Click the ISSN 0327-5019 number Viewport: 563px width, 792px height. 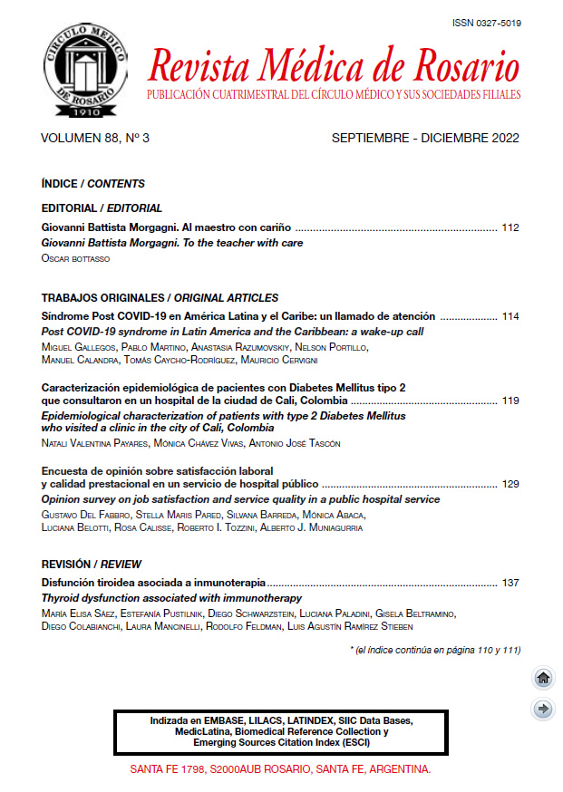(485, 23)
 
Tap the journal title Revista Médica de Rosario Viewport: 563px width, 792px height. (333, 66)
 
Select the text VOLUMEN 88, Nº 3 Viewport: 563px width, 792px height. (95, 139)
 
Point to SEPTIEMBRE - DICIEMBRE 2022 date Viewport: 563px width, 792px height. (425, 139)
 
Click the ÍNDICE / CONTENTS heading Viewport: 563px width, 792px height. (93, 184)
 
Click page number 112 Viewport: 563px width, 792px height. (510, 227)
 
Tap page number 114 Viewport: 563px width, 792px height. (510, 316)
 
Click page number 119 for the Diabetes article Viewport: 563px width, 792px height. (510, 400)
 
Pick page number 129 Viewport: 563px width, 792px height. (510, 484)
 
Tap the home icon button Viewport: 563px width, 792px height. (543, 678)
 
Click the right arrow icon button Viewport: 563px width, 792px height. (543, 709)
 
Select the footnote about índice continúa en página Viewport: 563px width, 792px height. (434, 649)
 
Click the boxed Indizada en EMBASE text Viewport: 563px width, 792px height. (281, 730)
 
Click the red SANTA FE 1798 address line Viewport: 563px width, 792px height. (280, 768)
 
